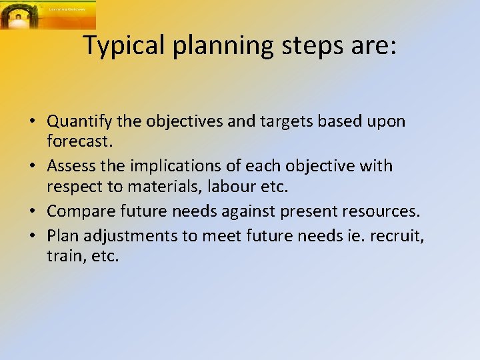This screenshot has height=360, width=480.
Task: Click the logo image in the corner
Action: [x=47, y=15]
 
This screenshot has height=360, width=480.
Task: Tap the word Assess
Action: [x=71, y=165]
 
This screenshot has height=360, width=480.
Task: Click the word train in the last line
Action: [x=61, y=256]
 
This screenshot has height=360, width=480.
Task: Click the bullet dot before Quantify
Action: [x=32, y=123]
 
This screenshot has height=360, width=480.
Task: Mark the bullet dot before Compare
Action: [x=32, y=212]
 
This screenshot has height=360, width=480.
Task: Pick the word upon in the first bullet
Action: [x=386, y=121]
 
